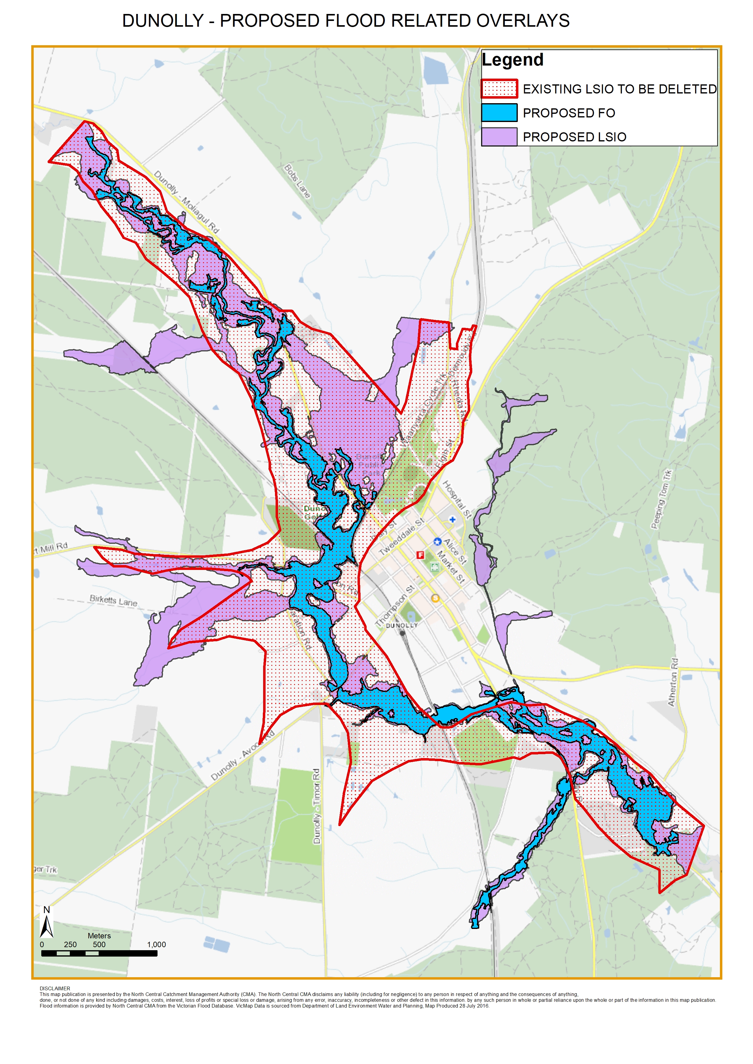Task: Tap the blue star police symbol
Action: point(437,541)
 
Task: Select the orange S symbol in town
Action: point(435,598)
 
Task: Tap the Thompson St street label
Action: point(394,606)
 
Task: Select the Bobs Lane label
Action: point(297,181)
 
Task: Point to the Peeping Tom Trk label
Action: point(661,499)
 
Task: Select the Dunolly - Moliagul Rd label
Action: point(186,202)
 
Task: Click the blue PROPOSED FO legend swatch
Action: point(499,113)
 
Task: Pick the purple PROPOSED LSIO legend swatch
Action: point(499,137)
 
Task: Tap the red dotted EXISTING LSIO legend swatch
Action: point(499,89)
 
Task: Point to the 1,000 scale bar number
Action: point(156,944)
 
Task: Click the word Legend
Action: point(512,60)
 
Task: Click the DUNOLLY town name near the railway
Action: point(402,625)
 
